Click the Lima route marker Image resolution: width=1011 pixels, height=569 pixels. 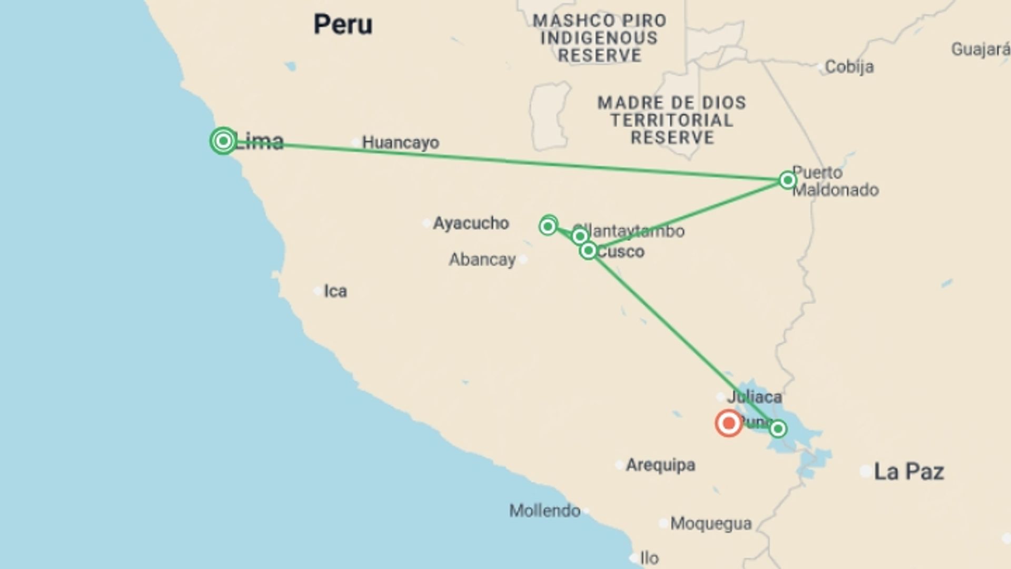[223, 141]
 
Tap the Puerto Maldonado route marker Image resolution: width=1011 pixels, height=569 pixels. [787, 180]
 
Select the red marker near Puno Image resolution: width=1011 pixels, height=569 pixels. [729, 423]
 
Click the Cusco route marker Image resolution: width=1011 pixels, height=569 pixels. [588, 251]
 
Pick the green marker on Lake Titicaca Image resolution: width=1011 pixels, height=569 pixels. [778, 429]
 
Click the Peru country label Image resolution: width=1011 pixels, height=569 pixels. [343, 25]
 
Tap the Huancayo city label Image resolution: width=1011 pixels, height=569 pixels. [400, 142]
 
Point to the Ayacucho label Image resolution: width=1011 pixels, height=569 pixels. [471, 223]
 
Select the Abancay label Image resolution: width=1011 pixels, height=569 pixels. [482, 260]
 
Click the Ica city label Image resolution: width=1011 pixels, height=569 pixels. [335, 291]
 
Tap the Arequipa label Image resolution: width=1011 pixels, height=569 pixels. [660, 465]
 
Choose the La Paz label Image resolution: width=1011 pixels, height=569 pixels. [909, 472]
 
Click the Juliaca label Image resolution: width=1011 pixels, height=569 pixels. [754, 397]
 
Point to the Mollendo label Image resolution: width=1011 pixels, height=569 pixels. [544, 511]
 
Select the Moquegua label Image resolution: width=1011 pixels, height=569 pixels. [711, 524]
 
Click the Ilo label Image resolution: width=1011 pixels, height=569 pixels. [649, 558]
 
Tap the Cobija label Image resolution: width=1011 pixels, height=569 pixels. [849, 67]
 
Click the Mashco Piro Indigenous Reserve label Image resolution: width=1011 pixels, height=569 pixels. [599, 38]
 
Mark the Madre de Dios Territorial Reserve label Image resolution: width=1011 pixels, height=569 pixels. [672, 120]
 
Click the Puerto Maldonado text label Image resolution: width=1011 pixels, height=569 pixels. [835, 181]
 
